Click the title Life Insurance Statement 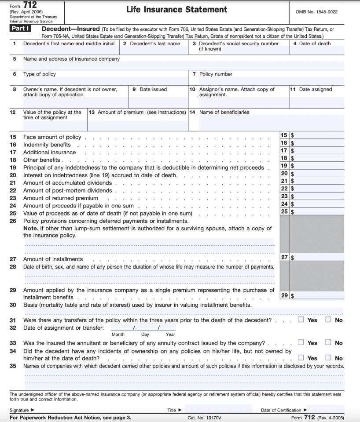tap(176, 10)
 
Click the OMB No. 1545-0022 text tap(316, 12)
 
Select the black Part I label tap(21, 29)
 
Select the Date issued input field tap(158, 102)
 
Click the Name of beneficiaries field tap(266, 123)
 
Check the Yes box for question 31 tap(301, 320)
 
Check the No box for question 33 tap(328, 342)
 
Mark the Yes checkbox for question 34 tap(301, 358)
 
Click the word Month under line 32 tap(118, 335)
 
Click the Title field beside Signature tap(218, 410)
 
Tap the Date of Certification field tap(326, 410)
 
